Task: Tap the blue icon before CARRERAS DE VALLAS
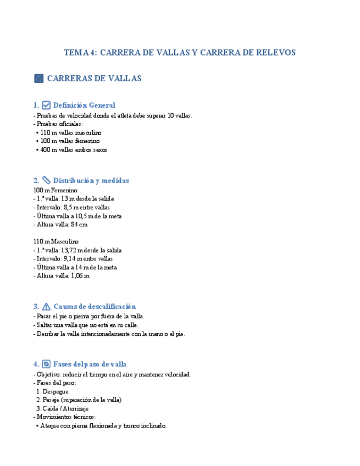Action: coord(38,79)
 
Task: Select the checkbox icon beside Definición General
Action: coord(47,105)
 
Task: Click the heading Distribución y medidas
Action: coord(91,180)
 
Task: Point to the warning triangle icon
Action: coord(47,307)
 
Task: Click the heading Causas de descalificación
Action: coord(95,307)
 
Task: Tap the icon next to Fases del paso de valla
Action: coord(47,364)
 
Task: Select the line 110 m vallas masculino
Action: coord(71,132)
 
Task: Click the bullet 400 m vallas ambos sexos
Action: coord(74,149)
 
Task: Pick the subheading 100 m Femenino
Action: coord(56,190)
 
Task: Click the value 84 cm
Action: coord(79,225)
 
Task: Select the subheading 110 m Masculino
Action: coord(56,241)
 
